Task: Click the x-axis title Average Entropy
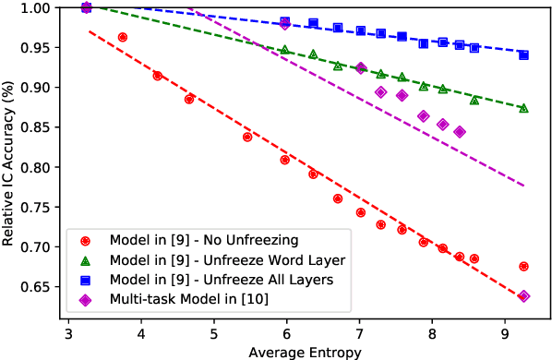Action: pos(304,351)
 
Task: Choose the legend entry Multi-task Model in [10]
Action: pos(185,299)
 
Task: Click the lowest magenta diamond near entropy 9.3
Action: pos(523,296)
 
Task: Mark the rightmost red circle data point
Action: pos(523,267)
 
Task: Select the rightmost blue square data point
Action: pos(523,55)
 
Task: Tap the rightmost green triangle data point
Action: pos(523,108)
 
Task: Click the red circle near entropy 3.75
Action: pos(123,37)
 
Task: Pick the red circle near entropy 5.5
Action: pos(247,137)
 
